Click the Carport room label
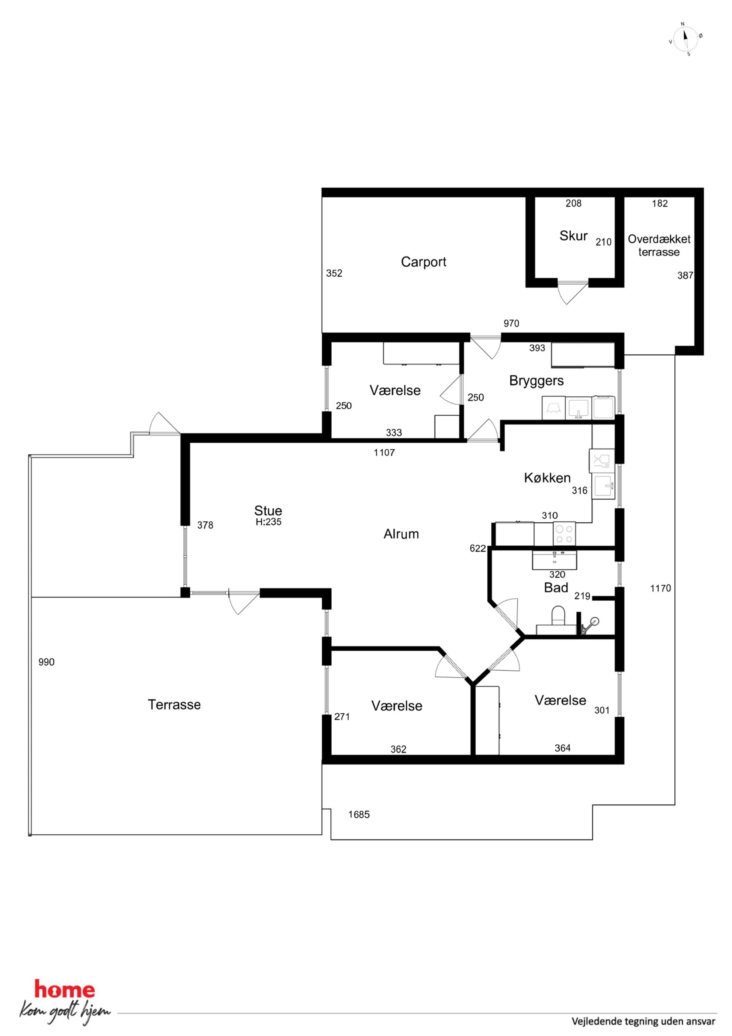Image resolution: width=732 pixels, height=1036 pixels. pyautogui.click(x=424, y=262)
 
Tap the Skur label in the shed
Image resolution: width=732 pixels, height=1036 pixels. pyautogui.click(x=573, y=236)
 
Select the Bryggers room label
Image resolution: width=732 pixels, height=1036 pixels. pyautogui.click(x=536, y=381)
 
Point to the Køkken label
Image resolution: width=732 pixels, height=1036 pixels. pyautogui.click(x=547, y=477)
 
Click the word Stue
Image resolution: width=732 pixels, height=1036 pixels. pyautogui.click(x=268, y=510)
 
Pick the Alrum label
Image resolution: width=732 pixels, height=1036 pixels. pyautogui.click(x=401, y=534)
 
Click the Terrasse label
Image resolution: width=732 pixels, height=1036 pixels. pyautogui.click(x=174, y=704)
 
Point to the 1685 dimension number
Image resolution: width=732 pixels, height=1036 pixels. pyautogui.click(x=359, y=814)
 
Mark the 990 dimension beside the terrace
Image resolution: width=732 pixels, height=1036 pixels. pyautogui.click(x=46, y=662)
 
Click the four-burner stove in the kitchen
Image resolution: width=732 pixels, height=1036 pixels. pyautogui.click(x=564, y=534)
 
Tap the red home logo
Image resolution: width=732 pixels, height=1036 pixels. pyautogui.click(x=65, y=987)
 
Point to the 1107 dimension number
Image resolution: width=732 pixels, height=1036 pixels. pyautogui.click(x=384, y=453)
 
